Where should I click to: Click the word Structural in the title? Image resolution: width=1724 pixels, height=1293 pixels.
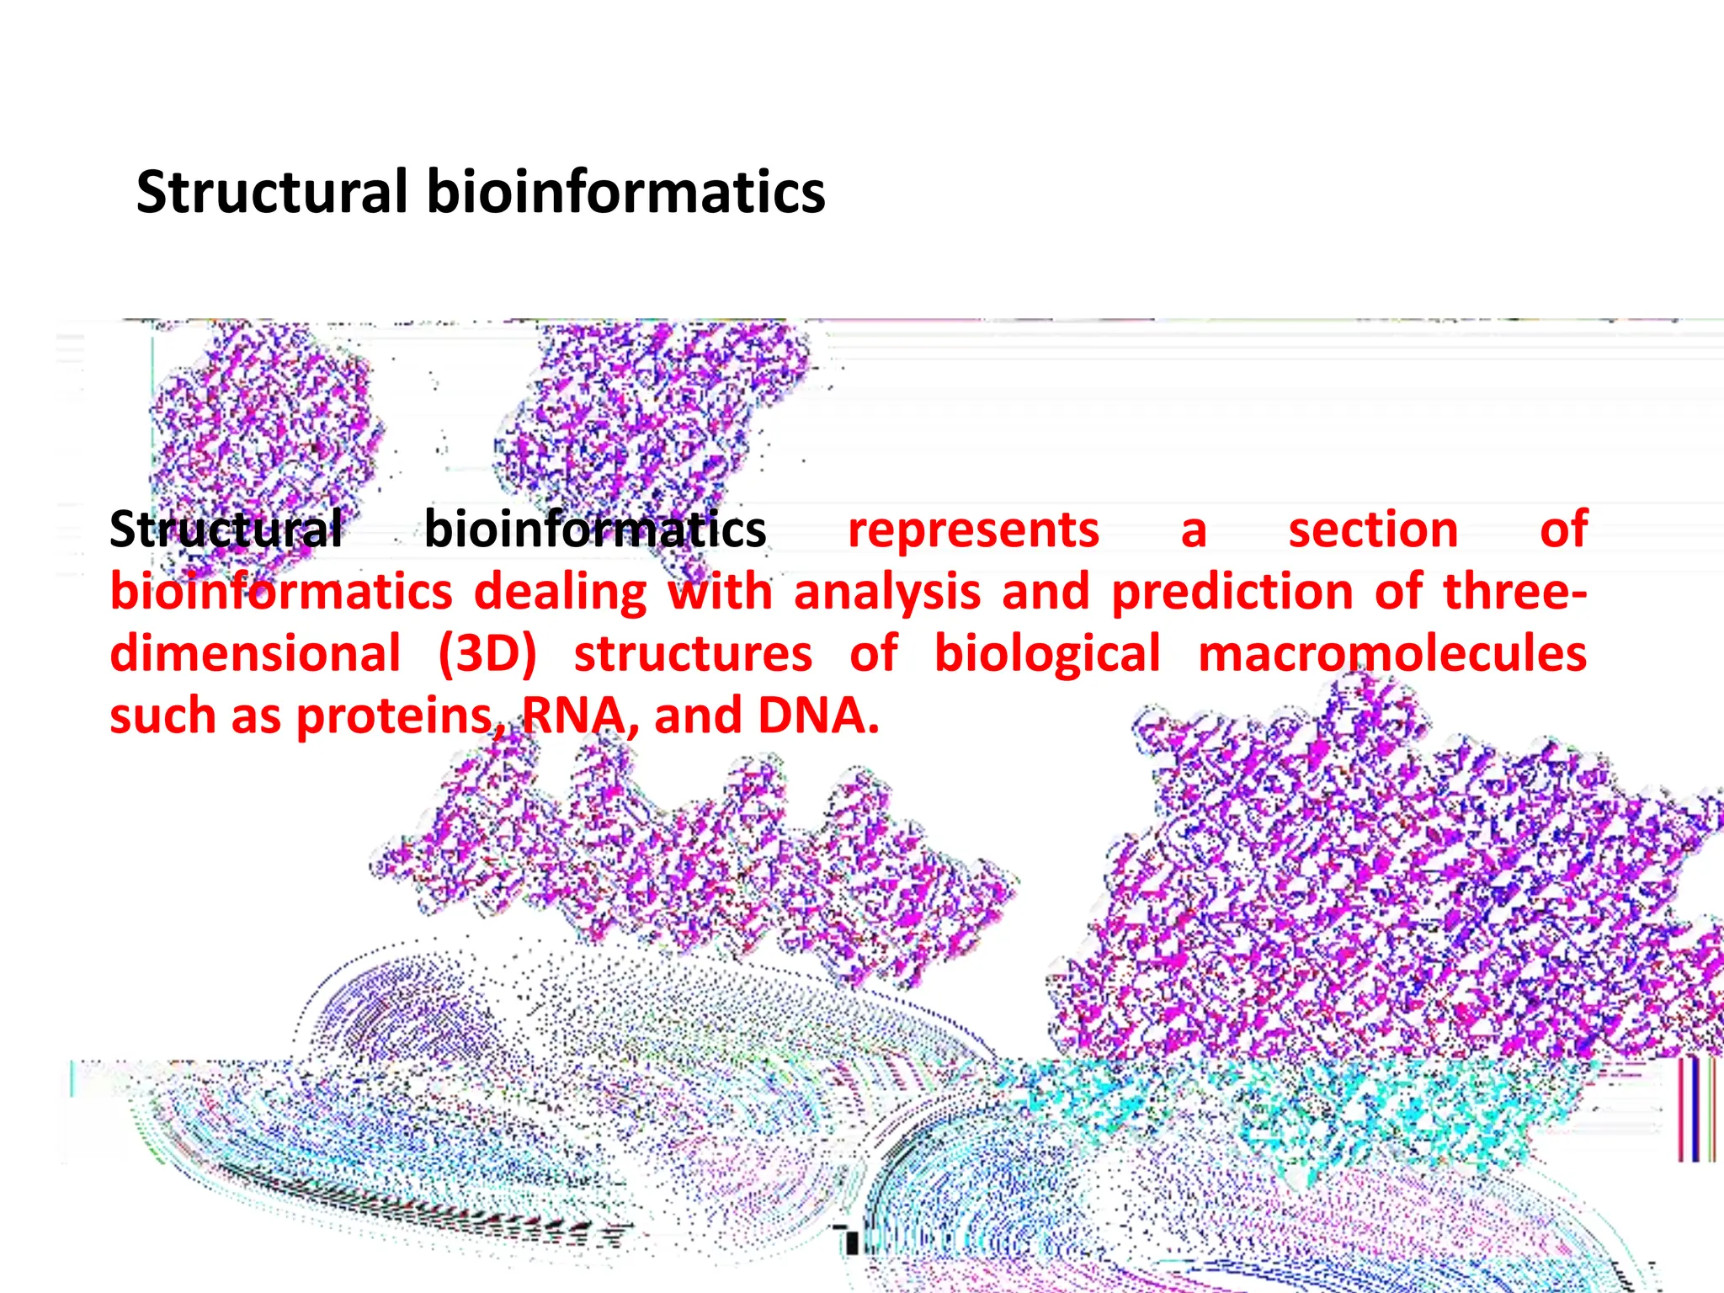pos(271,192)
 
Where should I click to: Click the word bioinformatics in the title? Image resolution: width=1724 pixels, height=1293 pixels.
pos(625,192)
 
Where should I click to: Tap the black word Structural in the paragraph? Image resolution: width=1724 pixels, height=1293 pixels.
pos(226,529)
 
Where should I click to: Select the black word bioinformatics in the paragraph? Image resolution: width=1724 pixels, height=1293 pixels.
pos(594,529)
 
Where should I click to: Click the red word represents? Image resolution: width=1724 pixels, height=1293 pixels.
pos(973,529)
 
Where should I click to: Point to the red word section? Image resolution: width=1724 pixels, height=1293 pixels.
pos(1373,529)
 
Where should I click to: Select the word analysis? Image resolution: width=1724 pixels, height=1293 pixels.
pos(887,591)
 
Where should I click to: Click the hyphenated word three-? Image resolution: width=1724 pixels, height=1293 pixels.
pos(1514,591)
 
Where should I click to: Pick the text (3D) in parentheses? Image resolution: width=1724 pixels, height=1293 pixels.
pos(487,654)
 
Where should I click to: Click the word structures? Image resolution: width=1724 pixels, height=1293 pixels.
pos(693,654)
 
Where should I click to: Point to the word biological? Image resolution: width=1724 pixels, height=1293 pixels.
pos(1047,654)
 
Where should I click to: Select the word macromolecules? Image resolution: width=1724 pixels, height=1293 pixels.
pos(1392,654)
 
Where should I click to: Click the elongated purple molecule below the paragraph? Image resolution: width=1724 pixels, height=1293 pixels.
pos(690,867)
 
